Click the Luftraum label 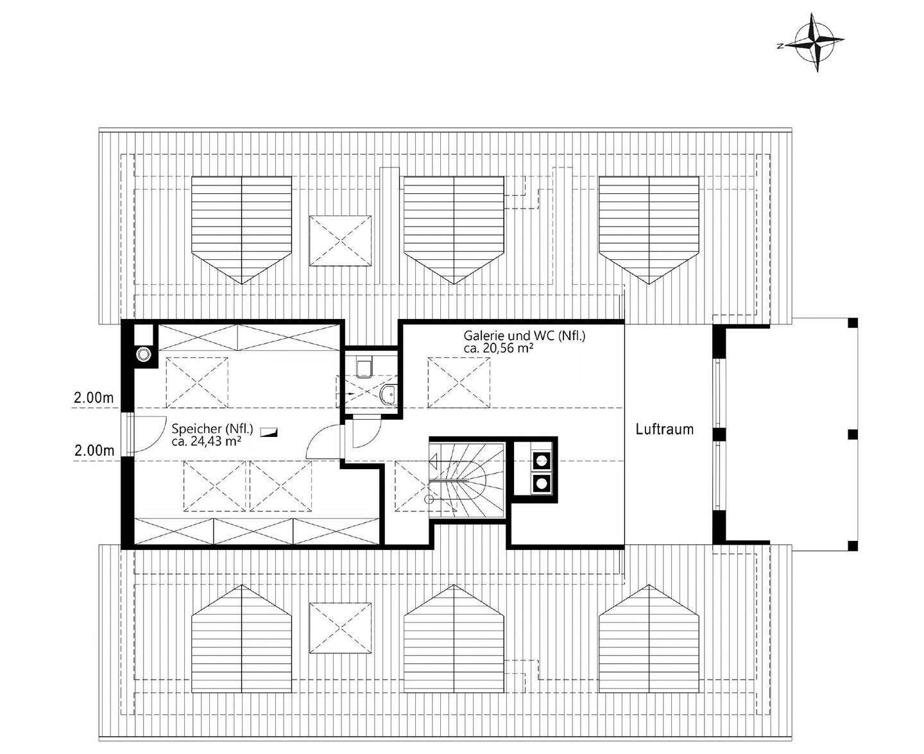click(664, 429)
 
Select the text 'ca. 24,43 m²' click(206, 441)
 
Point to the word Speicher click(191, 429)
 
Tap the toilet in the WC click(364, 367)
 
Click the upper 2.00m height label click(94, 398)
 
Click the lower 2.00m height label click(94, 450)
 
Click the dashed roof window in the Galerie click(458, 382)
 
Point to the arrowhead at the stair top click(433, 459)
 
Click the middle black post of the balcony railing click(852, 434)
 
